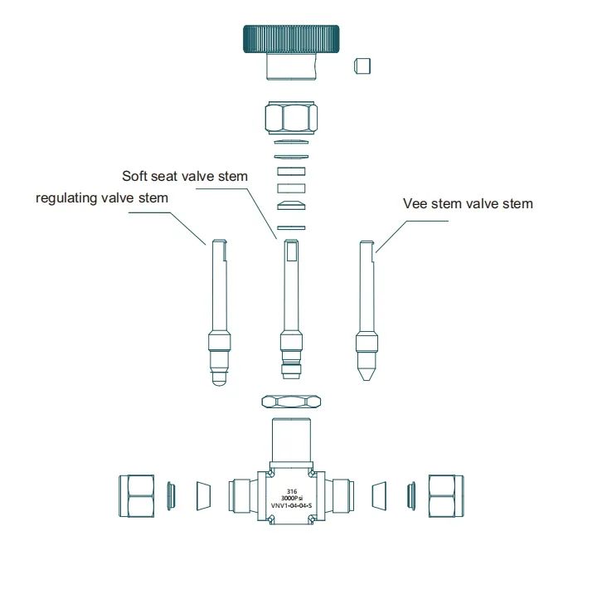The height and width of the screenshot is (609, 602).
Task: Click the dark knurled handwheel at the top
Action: [x=291, y=39]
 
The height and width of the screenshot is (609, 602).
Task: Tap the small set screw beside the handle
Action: [x=362, y=66]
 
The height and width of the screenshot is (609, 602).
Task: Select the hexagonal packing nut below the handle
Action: [x=291, y=118]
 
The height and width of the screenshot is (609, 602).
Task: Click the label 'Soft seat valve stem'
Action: [x=185, y=177]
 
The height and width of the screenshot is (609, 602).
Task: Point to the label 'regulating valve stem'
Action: [x=102, y=198]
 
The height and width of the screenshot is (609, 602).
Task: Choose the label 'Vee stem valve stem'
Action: [x=468, y=203]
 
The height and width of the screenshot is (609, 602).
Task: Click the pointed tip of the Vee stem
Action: [x=367, y=380]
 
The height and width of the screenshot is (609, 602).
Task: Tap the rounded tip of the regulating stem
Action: [x=219, y=383]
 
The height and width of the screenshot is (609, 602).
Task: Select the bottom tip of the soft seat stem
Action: [x=291, y=378]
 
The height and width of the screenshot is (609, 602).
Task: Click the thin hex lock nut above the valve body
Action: [x=291, y=402]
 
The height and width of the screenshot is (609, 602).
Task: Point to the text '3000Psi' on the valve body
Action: [x=292, y=498]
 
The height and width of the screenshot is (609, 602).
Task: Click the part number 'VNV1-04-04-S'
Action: [x=291, y=505]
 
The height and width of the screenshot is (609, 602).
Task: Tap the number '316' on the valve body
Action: [x=292, y=491]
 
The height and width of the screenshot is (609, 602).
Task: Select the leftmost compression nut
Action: [x=136, y=496]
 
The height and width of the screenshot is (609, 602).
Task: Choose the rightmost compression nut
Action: [x=446, y=496]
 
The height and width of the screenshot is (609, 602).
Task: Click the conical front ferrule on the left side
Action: [x=204, y=496]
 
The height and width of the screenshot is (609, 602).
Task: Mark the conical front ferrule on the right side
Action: [x=379, y=496]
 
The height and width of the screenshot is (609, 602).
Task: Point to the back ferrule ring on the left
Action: [x=171, y=496]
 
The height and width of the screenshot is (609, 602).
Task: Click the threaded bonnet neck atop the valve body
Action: [x=291, y=440]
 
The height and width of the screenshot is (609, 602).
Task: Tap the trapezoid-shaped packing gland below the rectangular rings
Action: [x=291, y=206]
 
